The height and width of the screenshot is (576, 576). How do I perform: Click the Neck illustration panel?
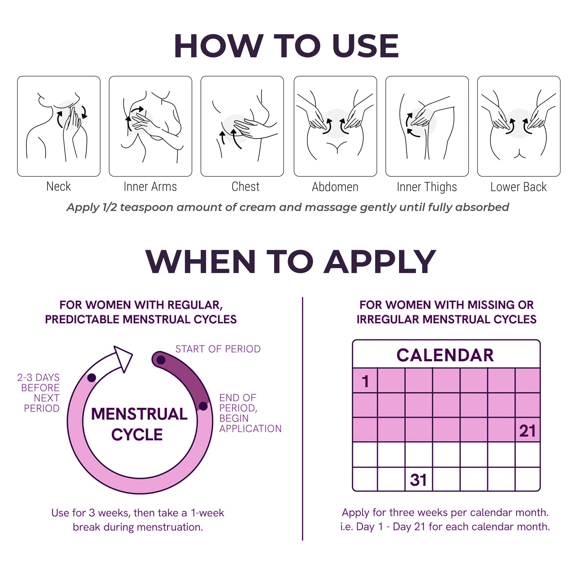pyautogui.click(x=59, y=126)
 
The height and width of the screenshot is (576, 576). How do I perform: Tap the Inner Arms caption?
pyautogui.click(x=150, y=187)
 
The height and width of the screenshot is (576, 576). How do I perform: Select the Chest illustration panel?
pyautogui.click(x=242, y=126)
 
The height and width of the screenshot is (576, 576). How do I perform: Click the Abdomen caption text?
pyautogui.click(x=335, y=187)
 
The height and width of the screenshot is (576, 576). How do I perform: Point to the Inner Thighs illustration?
pyautogui.click(x=427, y=126)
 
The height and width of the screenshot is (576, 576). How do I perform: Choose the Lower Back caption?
pyautogui.click(x=519, y=187)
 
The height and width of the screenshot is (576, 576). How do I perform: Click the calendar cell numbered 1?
pyautogui.click(x=365, y=380)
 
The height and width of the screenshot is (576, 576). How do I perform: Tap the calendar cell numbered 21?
pyautogui.click(x=528, y=429)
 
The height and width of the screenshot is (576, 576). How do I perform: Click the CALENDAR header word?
pyautogui.click(x=445, y=355)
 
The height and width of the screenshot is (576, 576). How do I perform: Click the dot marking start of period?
pyautogui.click(x=161, y=360)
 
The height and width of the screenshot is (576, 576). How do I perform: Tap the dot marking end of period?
pyautogui.click(x=203, y=406)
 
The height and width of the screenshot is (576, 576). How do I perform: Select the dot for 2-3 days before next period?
pyautogui.click(x=91, y=378)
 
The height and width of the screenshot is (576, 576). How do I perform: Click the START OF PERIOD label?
pyautogui.click(x=218, y=349)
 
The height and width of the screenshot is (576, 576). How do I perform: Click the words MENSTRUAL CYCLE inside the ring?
pyautogui.click(x=139, y=424)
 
